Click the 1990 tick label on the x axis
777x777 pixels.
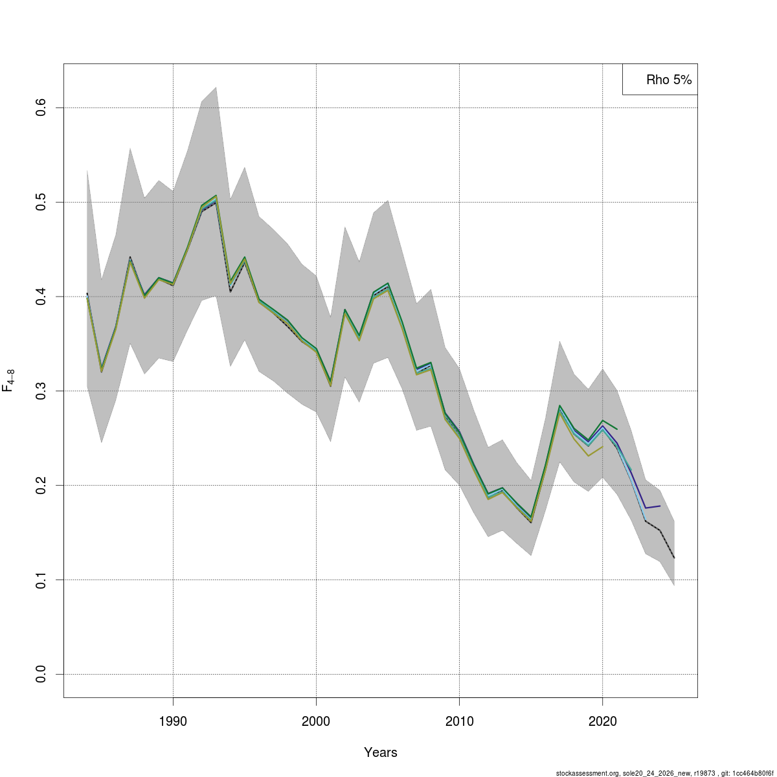173,721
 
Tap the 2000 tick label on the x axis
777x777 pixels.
316,721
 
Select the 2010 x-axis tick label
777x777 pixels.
459,721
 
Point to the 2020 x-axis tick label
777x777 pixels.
602,721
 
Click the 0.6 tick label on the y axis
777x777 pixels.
41,107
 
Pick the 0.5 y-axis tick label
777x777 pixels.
41,202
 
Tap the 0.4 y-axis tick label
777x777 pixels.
41,297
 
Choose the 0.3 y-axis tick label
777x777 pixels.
41,390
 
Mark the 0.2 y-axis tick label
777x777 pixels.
41,485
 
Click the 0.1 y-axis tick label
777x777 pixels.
41,580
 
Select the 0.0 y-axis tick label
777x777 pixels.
41,674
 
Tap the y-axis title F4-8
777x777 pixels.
8,380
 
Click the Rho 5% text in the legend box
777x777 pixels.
669,80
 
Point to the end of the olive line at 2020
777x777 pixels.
602,446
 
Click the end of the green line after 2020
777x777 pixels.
617,429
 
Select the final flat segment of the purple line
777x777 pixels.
653,507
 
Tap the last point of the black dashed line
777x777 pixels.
674,558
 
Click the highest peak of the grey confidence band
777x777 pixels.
216,87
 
